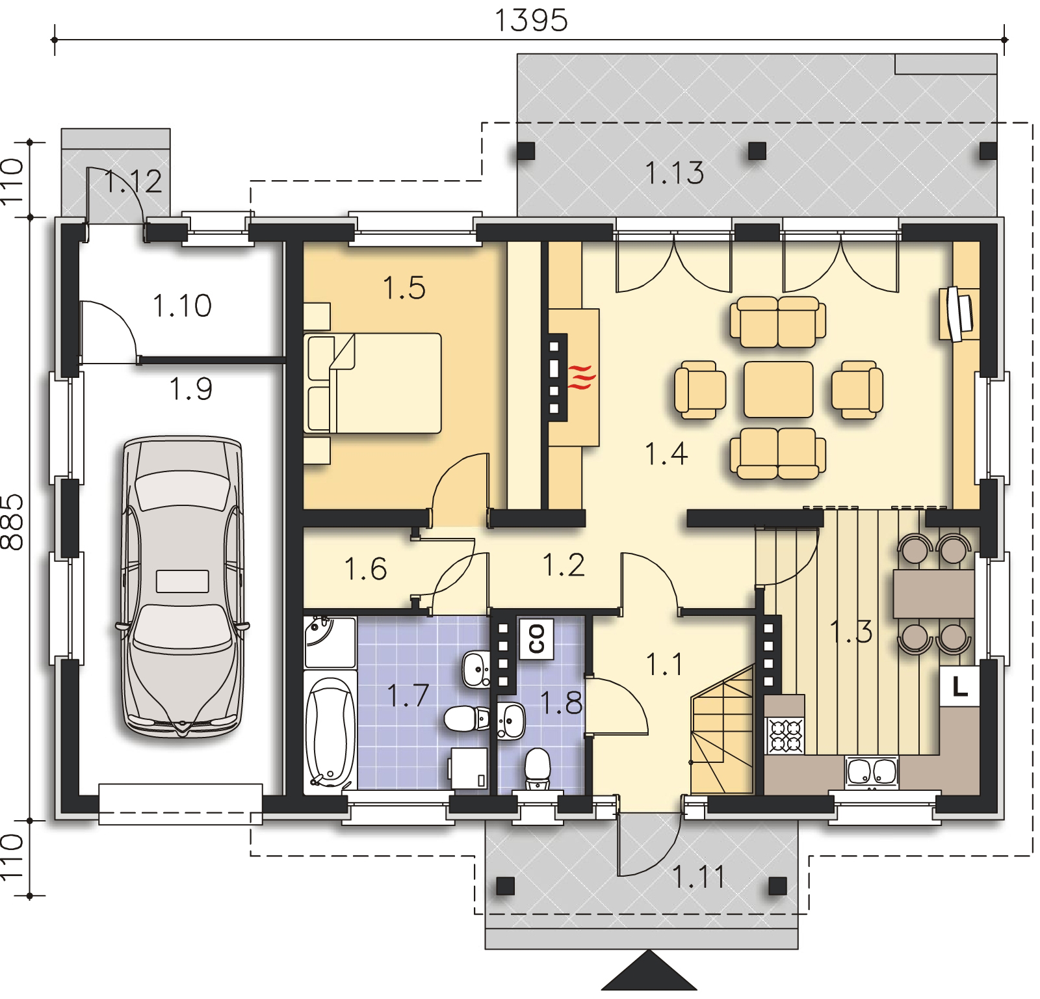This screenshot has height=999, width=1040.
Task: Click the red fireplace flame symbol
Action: tap(580, 377)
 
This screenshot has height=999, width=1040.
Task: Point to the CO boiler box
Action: tap(536, 638)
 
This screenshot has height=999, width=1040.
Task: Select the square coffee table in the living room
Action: tap(778, 389)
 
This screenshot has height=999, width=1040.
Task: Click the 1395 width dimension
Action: tap(532, 20)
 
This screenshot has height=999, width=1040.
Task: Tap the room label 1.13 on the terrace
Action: tap(675, 174)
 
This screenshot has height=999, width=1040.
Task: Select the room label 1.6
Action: tap(365, 569)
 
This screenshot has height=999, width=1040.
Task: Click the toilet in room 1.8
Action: tap(537, 767)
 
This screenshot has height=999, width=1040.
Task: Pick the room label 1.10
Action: tap(182, 306)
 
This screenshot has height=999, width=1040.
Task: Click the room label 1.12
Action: tap(133, 181)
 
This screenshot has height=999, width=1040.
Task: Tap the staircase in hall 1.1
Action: tap(722, 729)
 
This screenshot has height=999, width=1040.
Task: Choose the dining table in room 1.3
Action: tap(934, 593)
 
